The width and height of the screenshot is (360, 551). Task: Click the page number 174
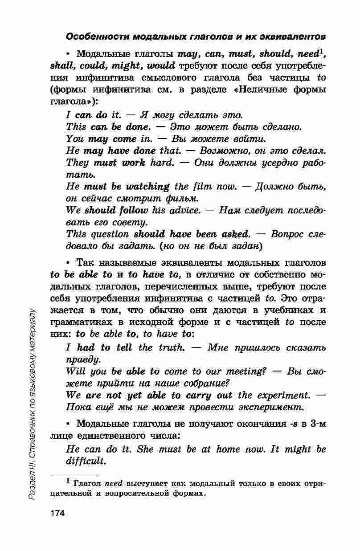click(x=57, y=513)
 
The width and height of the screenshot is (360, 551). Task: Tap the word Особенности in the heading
click(x=92, y=36)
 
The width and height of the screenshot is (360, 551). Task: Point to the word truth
click(x=171, y=347)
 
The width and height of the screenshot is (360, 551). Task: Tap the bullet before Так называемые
click(x=69, y=263)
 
